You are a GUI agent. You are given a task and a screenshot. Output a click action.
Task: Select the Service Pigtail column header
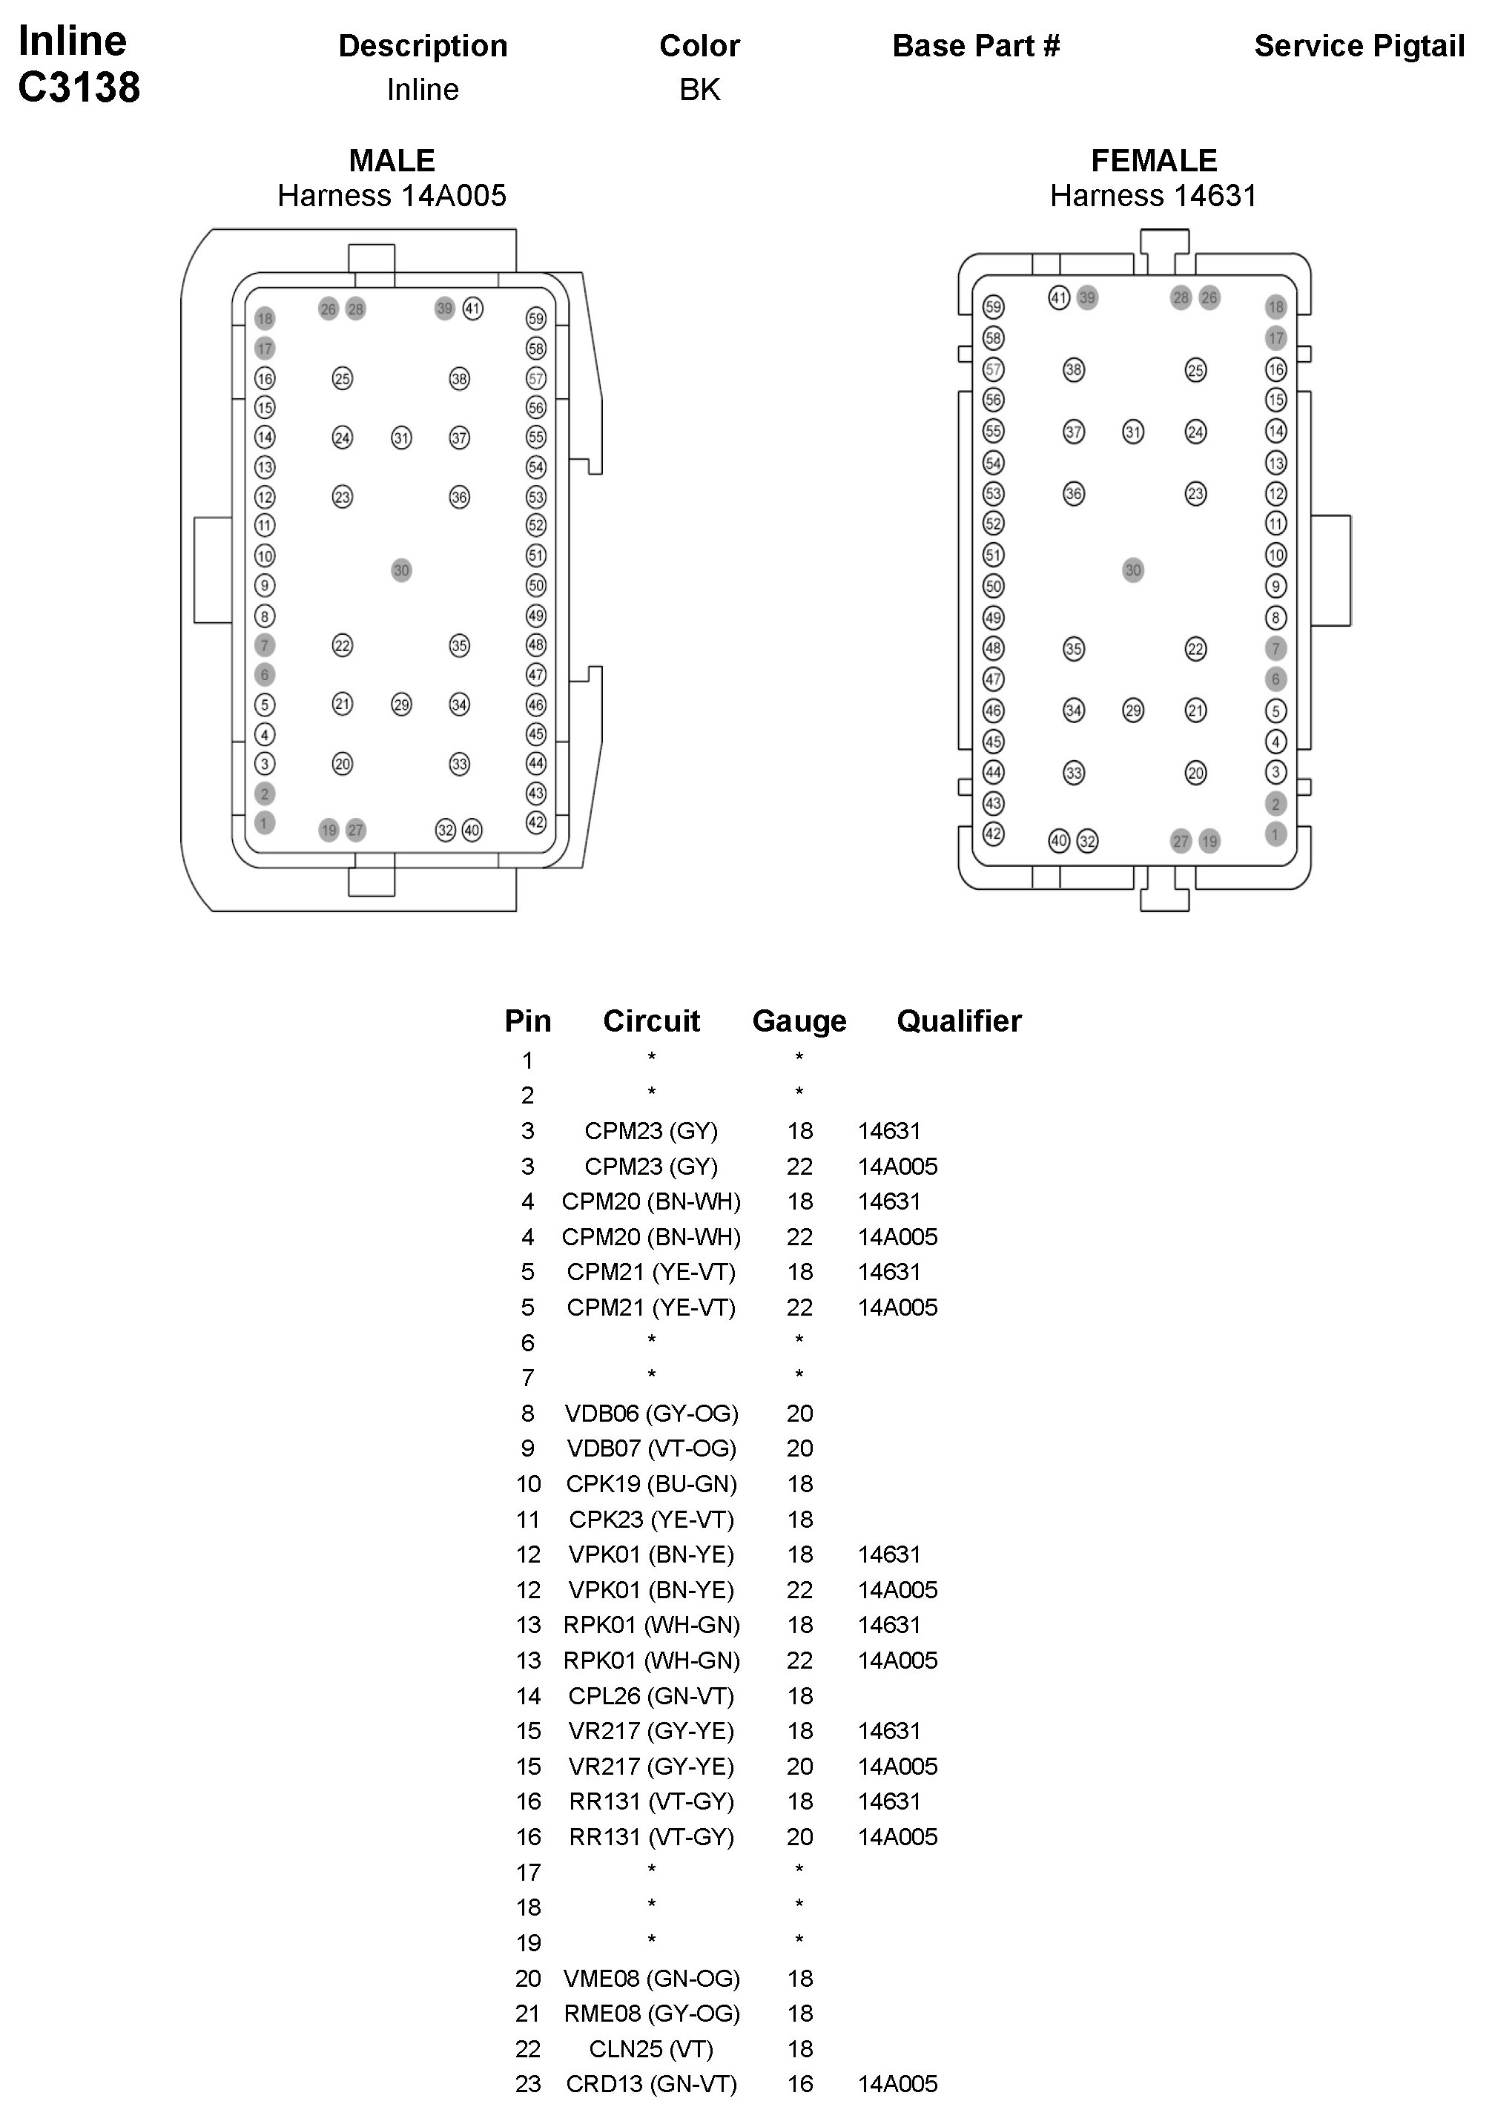(x=1359, y=46)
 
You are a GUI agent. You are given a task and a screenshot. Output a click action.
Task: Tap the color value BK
(x=699, y=90)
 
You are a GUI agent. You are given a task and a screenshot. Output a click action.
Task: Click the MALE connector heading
(x=392, y=161)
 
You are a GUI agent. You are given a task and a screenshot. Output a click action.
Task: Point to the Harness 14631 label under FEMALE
(x=1153, y=197)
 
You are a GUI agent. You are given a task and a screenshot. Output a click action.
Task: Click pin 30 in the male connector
(x=401, y=570)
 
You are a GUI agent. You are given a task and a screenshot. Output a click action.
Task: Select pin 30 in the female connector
(x=1133, y=570)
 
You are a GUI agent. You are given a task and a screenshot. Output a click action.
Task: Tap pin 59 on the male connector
(x=536, y=319)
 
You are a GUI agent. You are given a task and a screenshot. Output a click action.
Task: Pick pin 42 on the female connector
(x=993, y=834)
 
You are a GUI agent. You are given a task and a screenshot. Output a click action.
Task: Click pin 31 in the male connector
(x=401, y=438)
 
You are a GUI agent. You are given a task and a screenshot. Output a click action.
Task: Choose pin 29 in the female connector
(x=1133, y=710)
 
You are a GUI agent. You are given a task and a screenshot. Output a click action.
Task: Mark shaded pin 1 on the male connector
(x=265, y=822)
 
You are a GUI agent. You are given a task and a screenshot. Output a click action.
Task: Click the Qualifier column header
(x=959, y=1021)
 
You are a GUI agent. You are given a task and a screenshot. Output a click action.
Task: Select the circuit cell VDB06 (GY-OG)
(x=651, y=1414)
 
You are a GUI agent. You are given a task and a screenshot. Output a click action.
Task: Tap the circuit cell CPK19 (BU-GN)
(x=651, y=1484)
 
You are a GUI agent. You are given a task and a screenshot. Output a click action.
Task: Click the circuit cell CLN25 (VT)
(x=651, y=2049)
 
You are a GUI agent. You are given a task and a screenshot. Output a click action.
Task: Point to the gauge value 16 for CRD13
(x=799, y=2085)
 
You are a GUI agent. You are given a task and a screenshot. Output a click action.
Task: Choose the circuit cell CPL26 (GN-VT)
(x=651, y=1696)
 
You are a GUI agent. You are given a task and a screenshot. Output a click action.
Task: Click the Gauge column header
(x=799, y=1021)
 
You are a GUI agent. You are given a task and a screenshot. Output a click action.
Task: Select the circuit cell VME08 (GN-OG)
(x=651, y=1979)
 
